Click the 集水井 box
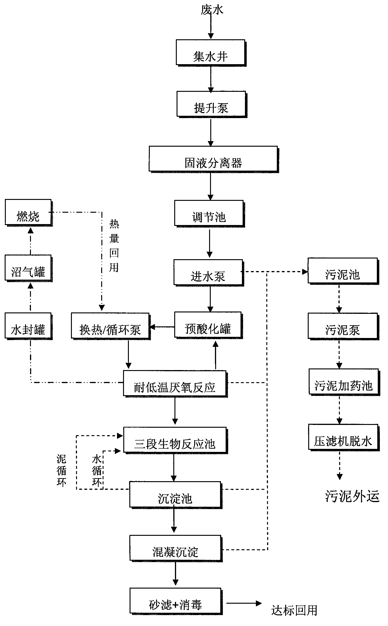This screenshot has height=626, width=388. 211,52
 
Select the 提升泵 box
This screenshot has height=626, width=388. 211,104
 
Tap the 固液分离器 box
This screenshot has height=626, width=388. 213,159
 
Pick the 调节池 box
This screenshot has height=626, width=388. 209,213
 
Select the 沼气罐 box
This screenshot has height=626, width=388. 28,268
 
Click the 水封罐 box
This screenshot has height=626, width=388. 28,326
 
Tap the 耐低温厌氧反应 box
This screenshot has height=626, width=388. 175,383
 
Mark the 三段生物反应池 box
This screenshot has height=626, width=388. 175,440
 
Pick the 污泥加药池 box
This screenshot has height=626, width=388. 344,381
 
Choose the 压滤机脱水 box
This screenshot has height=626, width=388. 343,437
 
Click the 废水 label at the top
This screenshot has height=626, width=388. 212,10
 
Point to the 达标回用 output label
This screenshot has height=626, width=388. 294,610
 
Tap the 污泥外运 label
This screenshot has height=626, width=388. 352,496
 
